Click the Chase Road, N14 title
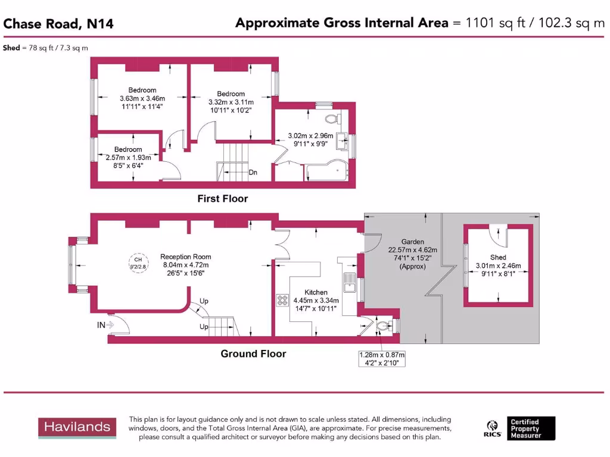58,24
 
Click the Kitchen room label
316,292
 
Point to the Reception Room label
184,256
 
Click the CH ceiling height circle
138,262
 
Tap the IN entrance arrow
105,325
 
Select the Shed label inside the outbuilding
498,257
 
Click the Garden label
412,242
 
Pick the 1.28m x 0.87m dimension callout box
381,358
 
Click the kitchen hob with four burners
282,301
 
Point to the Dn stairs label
253,173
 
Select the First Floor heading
222,199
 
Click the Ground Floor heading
253,354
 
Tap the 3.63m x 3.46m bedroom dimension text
142,98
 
